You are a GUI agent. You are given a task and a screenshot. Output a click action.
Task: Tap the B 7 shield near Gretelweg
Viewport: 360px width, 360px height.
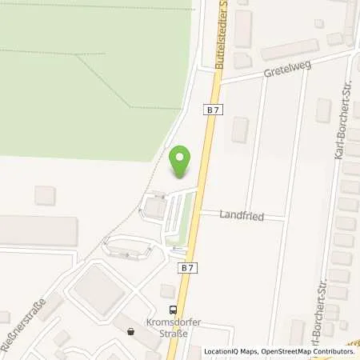[x=212, y=110]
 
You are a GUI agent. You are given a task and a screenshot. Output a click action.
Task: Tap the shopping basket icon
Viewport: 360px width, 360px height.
[x=131, y=329]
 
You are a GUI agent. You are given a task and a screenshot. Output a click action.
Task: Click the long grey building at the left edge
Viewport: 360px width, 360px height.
[x=36, y=230]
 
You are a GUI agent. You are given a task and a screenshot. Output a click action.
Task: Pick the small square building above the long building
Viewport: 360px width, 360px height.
[x=46, y=194]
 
